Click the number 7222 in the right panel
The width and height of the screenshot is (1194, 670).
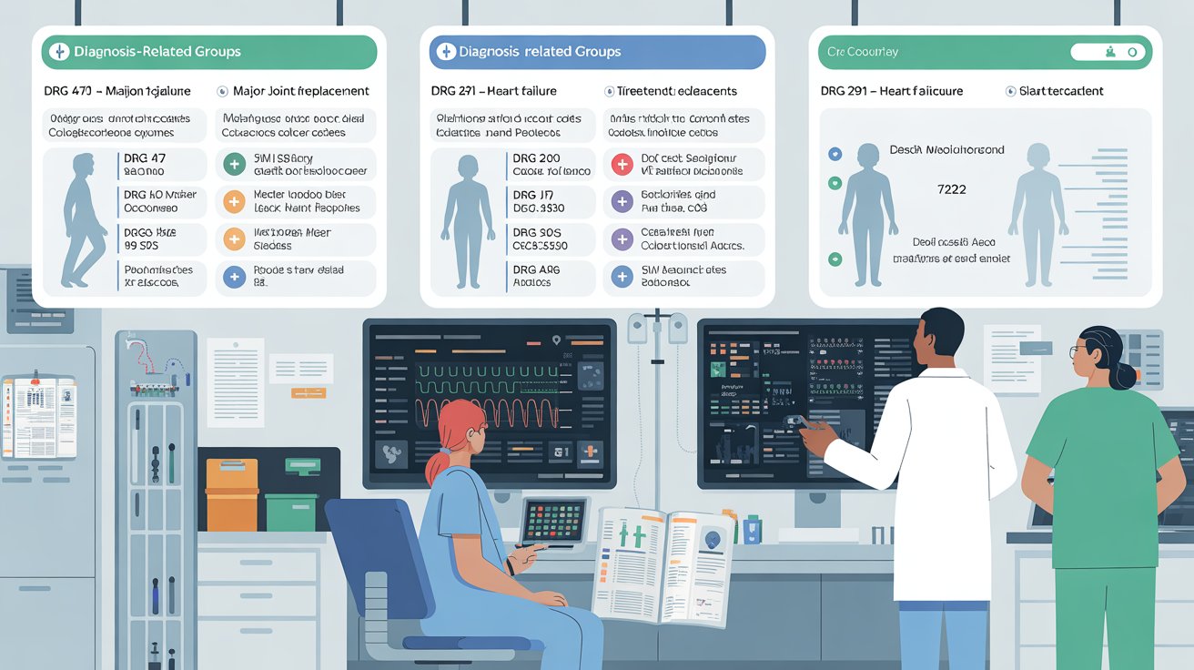[x=950, y=189]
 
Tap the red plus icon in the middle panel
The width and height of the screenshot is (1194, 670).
[x=622, y=165]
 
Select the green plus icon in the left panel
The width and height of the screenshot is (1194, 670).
[x=234, y=165]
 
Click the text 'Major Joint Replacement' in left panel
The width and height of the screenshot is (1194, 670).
[x=301, y=91]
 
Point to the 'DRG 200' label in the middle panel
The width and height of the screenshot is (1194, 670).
[x=536, y=158]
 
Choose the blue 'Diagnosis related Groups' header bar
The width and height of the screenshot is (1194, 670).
[x=597, y=52]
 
